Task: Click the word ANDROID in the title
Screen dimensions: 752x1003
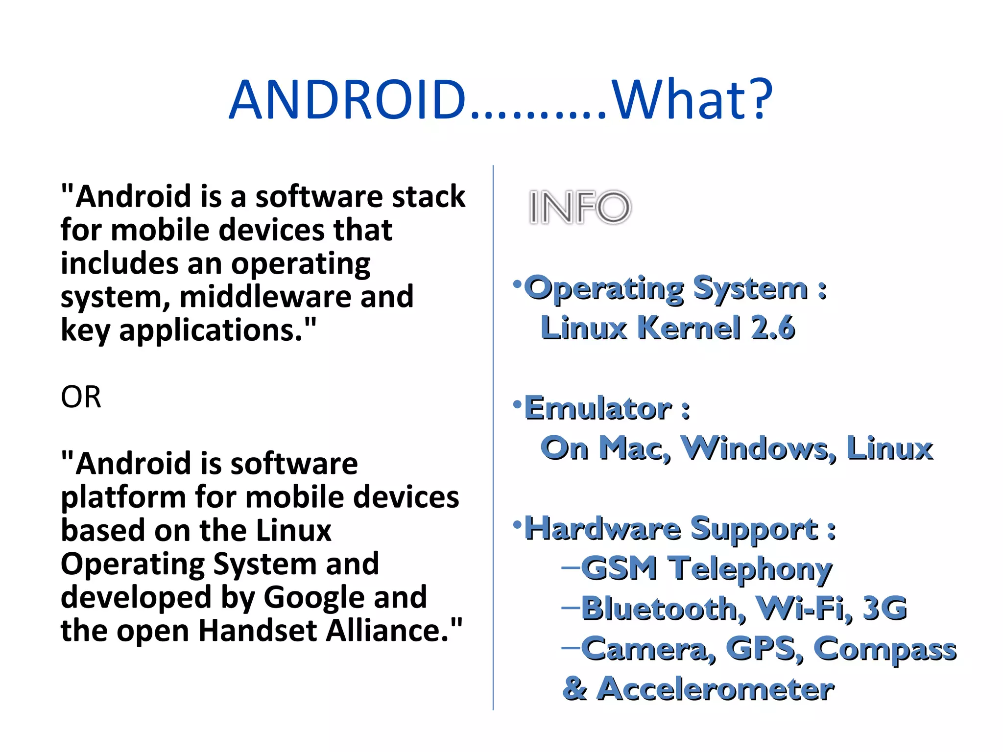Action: tap(347, 100)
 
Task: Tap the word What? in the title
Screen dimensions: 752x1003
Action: tap(692, 100)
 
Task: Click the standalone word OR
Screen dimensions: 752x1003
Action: tap(81, 397)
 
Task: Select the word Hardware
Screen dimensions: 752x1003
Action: tap(602, 529)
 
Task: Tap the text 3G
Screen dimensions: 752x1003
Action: tap(884, 609)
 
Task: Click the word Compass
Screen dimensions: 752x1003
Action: tap(884, 649)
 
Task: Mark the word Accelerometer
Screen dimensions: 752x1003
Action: tap(716, 689)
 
